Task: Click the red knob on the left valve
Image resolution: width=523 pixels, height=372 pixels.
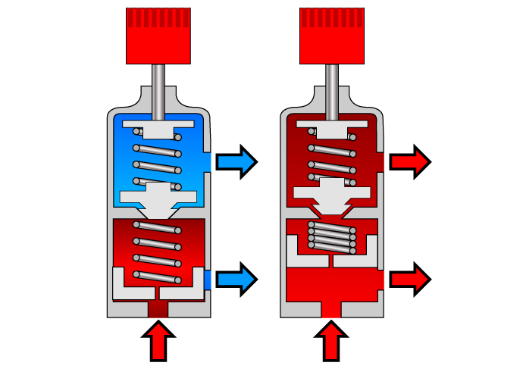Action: [158, 36]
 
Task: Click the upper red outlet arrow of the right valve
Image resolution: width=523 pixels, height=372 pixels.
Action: [410, 161]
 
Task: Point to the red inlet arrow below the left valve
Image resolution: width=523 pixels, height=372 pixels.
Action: [158, 340]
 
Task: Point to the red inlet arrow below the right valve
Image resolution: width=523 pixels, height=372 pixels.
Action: [331, 340]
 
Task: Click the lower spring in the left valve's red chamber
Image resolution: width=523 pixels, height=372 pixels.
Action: [158, 250]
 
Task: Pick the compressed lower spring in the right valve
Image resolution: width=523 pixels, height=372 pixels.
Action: [331, 239]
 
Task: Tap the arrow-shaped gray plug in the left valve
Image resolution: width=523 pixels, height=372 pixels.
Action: [158, 199]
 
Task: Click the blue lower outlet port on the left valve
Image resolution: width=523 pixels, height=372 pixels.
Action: [208, 280]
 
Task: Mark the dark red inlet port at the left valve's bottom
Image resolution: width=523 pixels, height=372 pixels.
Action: [158, 310]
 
